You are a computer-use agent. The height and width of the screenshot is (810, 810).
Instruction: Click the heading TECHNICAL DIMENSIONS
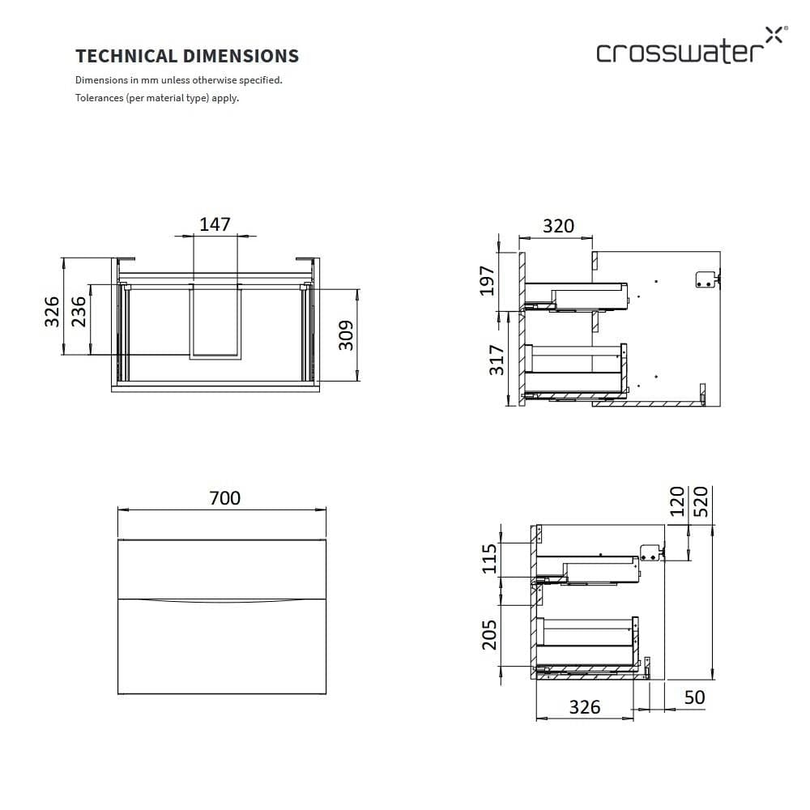187,56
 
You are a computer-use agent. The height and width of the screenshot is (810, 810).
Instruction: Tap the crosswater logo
689,49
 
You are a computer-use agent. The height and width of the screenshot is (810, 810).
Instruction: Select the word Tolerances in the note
99,98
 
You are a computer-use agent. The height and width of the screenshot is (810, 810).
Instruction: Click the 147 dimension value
215,224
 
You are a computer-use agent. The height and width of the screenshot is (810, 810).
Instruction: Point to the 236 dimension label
79,311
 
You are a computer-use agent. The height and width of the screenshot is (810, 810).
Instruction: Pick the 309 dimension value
346,335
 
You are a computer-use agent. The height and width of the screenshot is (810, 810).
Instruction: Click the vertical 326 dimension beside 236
52,311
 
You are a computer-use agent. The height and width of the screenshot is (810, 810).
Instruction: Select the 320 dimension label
558,226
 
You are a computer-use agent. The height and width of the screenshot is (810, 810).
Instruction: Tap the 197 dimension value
487,280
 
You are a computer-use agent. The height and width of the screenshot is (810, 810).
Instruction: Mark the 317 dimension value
497,360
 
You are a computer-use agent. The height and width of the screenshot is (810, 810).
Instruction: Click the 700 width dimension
224,498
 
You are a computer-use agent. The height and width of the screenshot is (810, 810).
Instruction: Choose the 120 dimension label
678,501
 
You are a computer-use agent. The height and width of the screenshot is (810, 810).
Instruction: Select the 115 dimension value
490,559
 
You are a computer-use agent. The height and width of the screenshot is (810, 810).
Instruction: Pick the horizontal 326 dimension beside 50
584,707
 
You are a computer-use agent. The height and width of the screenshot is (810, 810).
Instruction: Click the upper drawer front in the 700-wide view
222,569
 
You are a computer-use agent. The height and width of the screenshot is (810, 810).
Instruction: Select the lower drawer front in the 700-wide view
222,648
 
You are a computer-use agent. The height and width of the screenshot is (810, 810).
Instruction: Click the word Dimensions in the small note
100,80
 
